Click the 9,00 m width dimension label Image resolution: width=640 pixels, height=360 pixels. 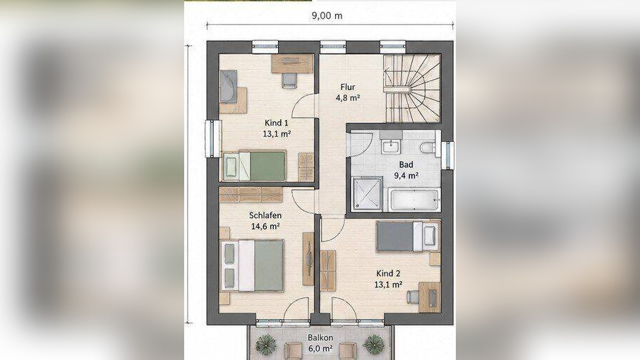pyautogui.click(x=327, y=16)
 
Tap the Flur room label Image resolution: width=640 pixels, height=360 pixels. pyautogui.click(x=348, y=87)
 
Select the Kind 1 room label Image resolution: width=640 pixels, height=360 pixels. pyautogui.click(x=277, y=123)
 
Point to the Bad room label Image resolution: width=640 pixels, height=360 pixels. pyautogui.click(x=406, y=165)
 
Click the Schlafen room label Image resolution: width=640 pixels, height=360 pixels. pyautogui.click(x=265, y=215)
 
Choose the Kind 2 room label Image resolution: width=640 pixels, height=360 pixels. pyautogui.click(x=388, y=273)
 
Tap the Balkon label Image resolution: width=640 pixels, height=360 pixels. pyautogui.click(x=320, y=338)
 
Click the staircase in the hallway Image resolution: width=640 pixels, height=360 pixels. pyautogui.click(x=412, y=88)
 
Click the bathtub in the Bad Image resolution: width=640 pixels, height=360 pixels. pyautogui.click(x=414, y=200)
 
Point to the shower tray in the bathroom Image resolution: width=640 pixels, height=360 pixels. pyautogui.click(x=368, y=194)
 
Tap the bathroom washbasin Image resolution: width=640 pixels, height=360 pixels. pyautogui.click(x=392, y=145)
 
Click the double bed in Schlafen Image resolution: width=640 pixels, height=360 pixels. pyautogui.click(x=252, y=265)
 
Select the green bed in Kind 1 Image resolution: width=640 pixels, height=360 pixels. pyautogui.click(x=254, y=166)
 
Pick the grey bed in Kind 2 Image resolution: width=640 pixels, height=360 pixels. pyautogui.click(x=408, y=236)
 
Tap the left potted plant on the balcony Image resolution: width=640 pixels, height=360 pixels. pyautogui.click(x=266, y=344)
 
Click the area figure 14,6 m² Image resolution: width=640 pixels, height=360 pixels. pyautogui.click(x=265, y=226)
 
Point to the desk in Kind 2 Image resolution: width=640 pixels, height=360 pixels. pyautogui.click(x=430, y=296)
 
